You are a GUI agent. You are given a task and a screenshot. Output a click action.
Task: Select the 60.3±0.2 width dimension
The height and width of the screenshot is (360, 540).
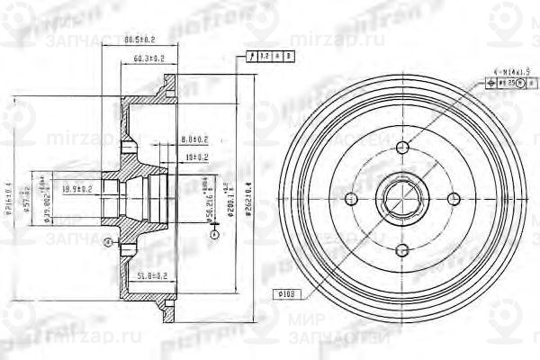(149, 58)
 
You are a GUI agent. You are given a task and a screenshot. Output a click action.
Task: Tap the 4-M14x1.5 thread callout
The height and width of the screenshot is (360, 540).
(511, 69)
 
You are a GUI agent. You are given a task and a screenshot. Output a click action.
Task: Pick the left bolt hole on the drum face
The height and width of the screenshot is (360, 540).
(353, 198)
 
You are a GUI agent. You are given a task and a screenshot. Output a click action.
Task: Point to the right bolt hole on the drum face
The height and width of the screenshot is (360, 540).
(452, 198)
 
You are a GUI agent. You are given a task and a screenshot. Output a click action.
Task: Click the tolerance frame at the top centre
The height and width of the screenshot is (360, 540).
(263, 57)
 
